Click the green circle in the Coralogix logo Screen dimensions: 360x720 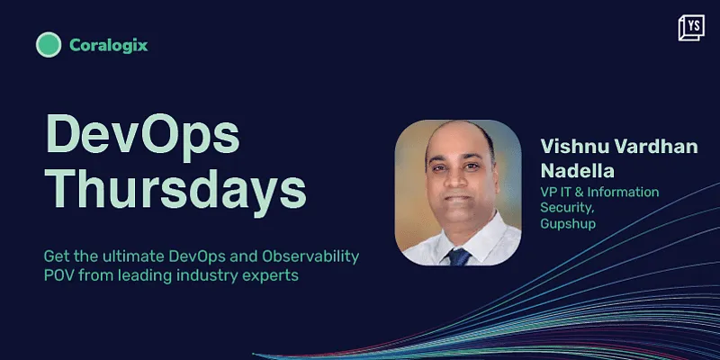[49, 45]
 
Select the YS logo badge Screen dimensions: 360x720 [691, 28]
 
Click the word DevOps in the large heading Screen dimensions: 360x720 [143, 136]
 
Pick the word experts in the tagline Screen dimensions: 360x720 [265, 276]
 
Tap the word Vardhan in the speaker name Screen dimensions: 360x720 [654, 148]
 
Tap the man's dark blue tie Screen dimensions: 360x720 [460, 255]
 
